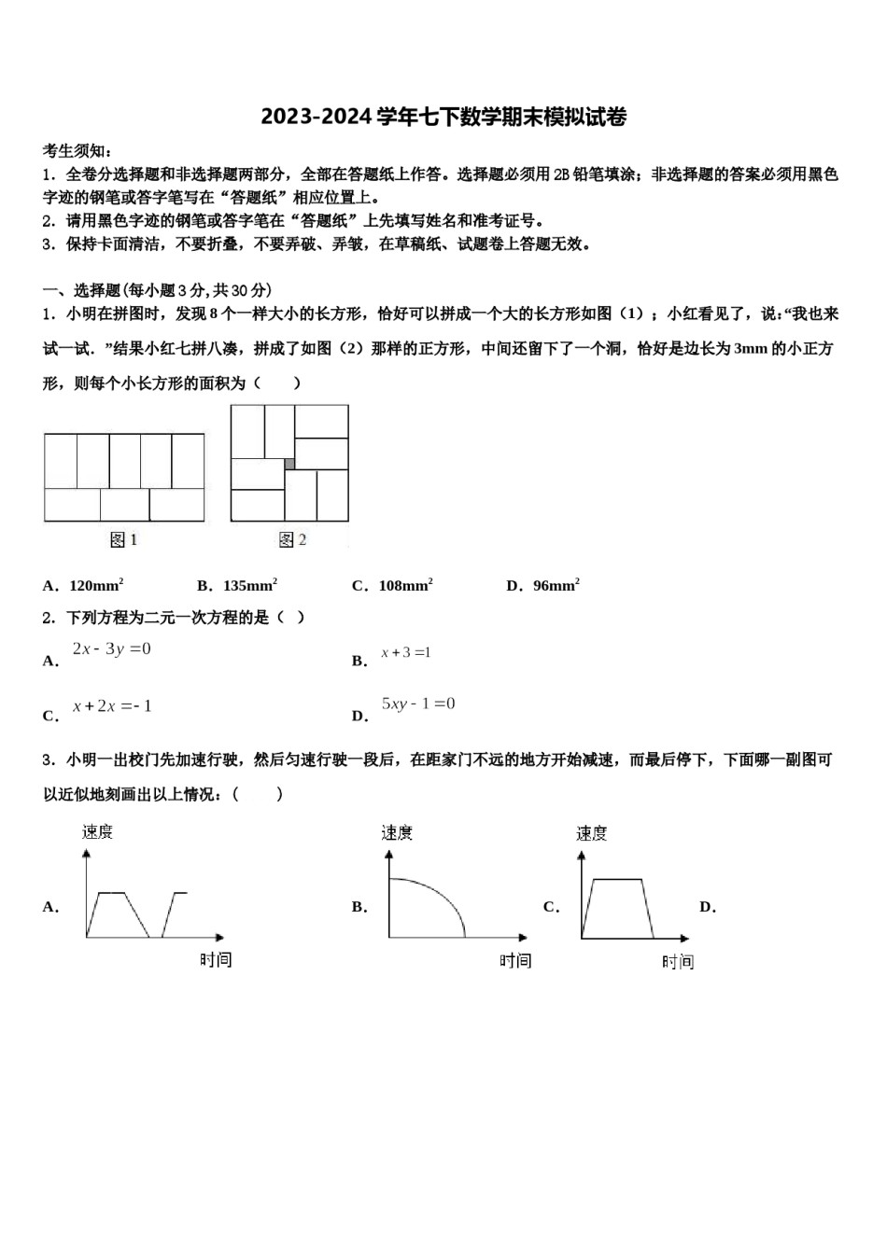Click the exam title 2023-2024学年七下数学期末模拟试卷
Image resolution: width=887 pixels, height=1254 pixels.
tap(443, 118)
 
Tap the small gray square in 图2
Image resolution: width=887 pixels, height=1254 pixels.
tap(289, 464)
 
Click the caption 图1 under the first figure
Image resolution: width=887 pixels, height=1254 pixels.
tap(123, 539)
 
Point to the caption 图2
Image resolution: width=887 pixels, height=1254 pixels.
tap(292, 539)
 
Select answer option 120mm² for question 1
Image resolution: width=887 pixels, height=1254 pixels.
tap(96, 586)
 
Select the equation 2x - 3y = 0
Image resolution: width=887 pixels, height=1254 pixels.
tap(111, 649)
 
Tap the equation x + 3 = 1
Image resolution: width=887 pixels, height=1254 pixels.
tap(405, 653)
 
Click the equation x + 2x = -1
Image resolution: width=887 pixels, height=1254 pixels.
tap(112, 706)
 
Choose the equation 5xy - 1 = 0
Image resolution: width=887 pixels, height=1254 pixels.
tap(417, 704)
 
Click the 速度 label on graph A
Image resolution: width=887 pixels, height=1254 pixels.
tap(97, 831)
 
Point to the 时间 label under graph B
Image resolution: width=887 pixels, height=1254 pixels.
tap(514, 960)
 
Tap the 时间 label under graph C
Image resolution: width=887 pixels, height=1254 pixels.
tap(678, 962)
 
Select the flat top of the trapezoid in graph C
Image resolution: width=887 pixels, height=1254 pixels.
tap(617, 879)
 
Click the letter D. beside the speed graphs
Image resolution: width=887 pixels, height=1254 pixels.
tap(707, 907)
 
